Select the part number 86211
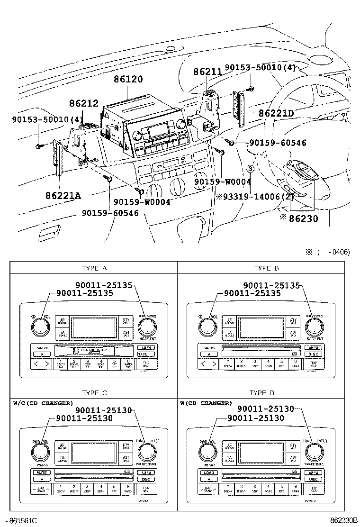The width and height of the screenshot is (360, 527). [x=207, y=72]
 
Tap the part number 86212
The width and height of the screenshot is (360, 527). [x=84, y=103]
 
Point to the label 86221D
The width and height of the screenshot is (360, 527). [x=276, y=114]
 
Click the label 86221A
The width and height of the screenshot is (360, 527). [x=63, y=195]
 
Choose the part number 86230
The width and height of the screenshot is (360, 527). [x=304, y=219]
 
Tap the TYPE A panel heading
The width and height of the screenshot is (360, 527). [x=94, y=268]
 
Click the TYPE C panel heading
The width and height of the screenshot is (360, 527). [x=94, y=393]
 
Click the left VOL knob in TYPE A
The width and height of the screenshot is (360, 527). [x=38, y=327]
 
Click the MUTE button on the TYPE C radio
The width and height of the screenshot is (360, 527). [x=42, y=472]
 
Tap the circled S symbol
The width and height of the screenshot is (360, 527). [x=251, y=168]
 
